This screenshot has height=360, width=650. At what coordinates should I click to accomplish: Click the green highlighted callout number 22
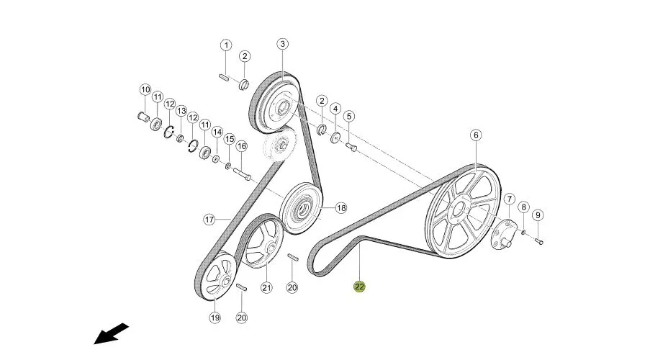(359, 287)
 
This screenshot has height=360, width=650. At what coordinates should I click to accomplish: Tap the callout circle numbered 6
(476, 135)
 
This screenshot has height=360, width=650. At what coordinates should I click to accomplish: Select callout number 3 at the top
(282, 44)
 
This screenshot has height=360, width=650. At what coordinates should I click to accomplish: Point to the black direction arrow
(111, 333)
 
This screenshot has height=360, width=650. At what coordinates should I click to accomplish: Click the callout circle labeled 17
(209, 220)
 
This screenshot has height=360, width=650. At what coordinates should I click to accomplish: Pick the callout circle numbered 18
(340, 208)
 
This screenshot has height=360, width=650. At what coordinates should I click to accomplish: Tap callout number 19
(215, 318)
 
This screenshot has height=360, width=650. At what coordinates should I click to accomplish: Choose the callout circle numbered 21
(266, 287)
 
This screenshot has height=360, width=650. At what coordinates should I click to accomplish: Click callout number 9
(538, 215)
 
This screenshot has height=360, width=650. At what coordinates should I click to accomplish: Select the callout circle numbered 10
(145, 89)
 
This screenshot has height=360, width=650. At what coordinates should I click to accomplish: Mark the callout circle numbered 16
(242, 146)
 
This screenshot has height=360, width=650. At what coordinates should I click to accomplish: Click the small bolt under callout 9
(539, 241)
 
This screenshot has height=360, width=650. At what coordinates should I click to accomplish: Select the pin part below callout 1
(224, 77)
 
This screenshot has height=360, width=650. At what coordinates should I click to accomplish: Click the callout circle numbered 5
(348, 116)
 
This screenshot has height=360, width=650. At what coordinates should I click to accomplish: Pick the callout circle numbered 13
(181, 111)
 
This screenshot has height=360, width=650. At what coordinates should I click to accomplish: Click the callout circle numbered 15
(229, 140)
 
